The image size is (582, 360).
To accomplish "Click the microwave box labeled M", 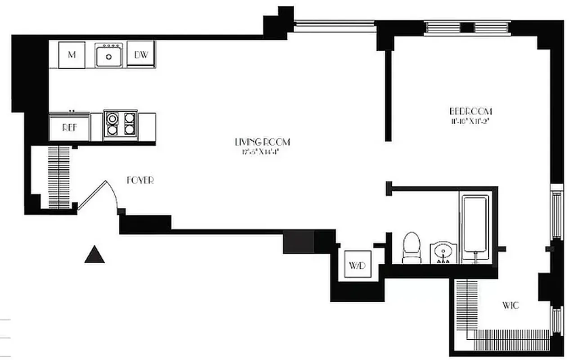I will tap(72, 55).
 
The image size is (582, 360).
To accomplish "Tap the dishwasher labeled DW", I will tap(141, 54).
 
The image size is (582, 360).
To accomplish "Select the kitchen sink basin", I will tap(108, 56).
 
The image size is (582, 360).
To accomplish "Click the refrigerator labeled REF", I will tap(69, 127).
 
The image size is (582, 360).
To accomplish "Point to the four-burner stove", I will tap(120, 123).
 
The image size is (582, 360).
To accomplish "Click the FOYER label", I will tap(140, 180).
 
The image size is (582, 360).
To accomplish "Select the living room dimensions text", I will tap(261, 152).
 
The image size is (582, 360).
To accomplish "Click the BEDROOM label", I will tap(471, 111).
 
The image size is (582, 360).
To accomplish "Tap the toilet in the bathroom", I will tap(411, 248).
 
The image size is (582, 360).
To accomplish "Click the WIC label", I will tap(510, 306).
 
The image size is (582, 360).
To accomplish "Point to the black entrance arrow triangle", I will tap(95, 255).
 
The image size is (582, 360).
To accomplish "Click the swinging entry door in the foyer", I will tap(97, 193).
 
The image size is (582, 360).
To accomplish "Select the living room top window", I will tap(335, 27).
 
